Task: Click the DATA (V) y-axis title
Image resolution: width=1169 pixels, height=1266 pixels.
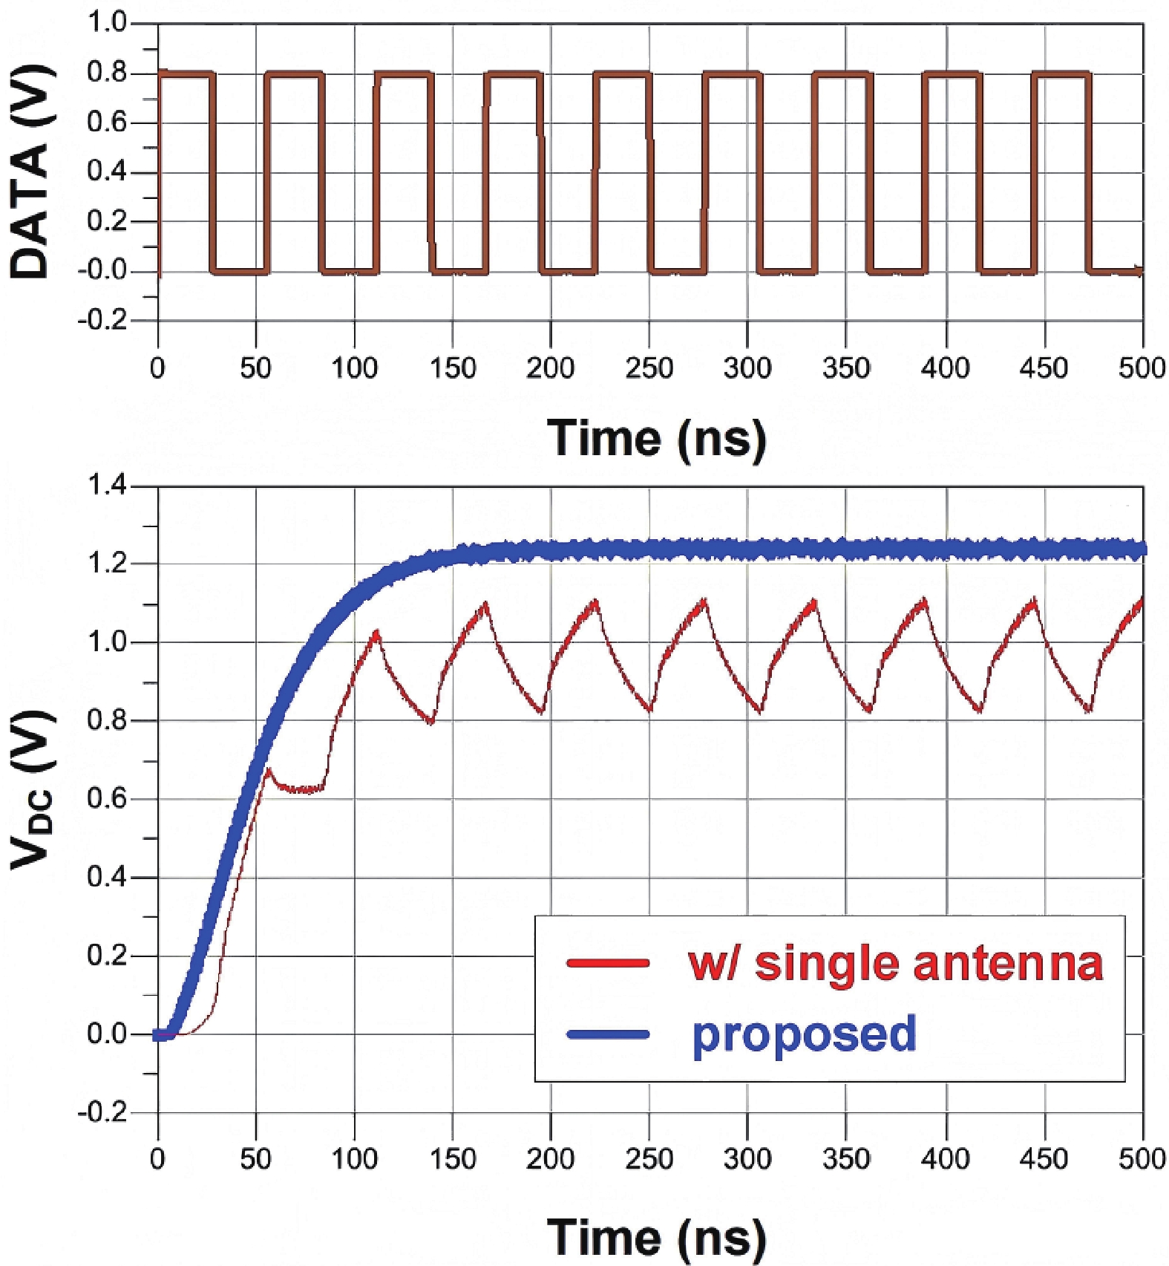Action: (30, 172)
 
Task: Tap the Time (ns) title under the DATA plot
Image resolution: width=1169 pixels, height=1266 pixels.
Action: (656, 438)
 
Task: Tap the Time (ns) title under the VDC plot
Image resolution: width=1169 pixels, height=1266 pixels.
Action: (656, 1236)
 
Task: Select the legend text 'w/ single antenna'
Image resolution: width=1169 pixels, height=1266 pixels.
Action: (895, 963)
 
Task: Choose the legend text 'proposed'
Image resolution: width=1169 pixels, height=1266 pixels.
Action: (804, 1034)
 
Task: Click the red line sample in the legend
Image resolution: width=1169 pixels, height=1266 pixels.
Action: (608, 963)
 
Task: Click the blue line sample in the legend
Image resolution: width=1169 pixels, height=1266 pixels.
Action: (608, 1034)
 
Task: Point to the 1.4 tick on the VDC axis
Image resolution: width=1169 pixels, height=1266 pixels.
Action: (107, 486)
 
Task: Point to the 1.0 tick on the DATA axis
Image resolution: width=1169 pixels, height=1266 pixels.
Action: (107, 24)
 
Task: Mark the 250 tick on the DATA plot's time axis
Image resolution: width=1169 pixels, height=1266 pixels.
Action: (649, 368)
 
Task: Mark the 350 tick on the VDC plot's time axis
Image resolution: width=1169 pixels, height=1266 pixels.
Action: (846, 1158)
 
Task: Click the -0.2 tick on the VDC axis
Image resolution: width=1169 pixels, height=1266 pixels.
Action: (102, 1112)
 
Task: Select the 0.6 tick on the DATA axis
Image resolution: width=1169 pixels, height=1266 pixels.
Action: (107, 123)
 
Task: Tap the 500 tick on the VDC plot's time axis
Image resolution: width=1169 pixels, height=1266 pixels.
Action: (1142, 1158)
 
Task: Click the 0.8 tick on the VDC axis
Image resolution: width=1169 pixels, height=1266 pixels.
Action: (107, 720)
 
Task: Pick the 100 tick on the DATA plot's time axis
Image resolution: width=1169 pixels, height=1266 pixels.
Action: (354, 368)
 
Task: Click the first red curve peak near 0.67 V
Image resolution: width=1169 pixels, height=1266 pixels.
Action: (269, 770)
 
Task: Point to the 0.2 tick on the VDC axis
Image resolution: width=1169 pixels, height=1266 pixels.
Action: (107, 956)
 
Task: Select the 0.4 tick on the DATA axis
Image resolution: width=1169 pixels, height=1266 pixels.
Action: (107, 172)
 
